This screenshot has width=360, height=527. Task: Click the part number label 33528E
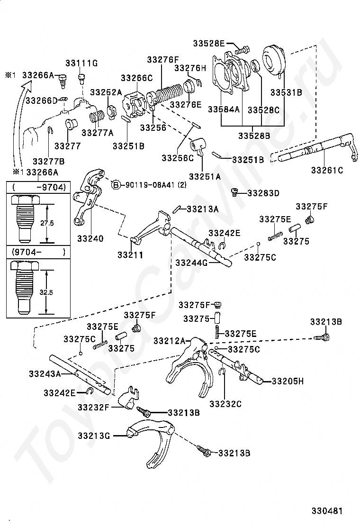click(x=208, y=43)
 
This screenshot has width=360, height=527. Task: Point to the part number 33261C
click(x=327, y=171)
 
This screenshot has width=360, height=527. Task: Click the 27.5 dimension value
click(x=47, y=223)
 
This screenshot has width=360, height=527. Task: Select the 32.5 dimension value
click(x=46, y=292)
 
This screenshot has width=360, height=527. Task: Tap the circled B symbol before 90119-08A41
click(x=116, y=184)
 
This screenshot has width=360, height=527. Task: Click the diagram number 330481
click(x=327, y=511)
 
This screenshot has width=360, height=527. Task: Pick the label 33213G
click(x=94, y=436)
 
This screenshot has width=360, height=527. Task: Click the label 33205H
click(x=288, y=381)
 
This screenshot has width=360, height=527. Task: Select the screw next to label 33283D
click(x=234, y=192)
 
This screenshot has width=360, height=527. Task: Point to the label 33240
click(x=90, y=239)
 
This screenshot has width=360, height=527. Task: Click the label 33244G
click(x=191, y=263)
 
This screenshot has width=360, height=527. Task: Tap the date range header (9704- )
click(x=39, y=252)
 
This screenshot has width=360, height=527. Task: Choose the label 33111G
click(x=81, y=63)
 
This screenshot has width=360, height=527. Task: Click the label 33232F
click(x=94, y=408)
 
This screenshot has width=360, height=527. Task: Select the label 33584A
click(x=224, y=109)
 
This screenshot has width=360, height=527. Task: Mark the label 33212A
click(x=169, y=341)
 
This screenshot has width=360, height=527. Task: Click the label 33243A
click(x=45, y=374)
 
